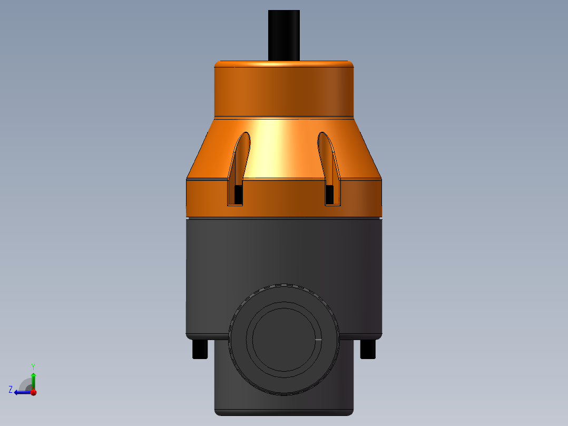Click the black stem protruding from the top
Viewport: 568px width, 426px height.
[x=283, y=35]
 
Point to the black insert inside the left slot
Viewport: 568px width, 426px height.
[x=238, y=195]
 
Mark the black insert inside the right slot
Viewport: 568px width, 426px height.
[x=330, y=195]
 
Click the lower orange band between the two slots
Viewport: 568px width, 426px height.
[x=283, y=198]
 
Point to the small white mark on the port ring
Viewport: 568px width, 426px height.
[x=318, y=340]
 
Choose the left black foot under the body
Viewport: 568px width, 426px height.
[x=200, y=349]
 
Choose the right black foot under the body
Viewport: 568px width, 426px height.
[x=368, y=349]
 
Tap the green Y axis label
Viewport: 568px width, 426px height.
[x=33, y=366]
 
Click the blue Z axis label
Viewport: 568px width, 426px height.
[x=11, y=389]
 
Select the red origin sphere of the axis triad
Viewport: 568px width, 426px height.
[x=33, y=392]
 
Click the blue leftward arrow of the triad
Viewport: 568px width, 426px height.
[x=21, y=392]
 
